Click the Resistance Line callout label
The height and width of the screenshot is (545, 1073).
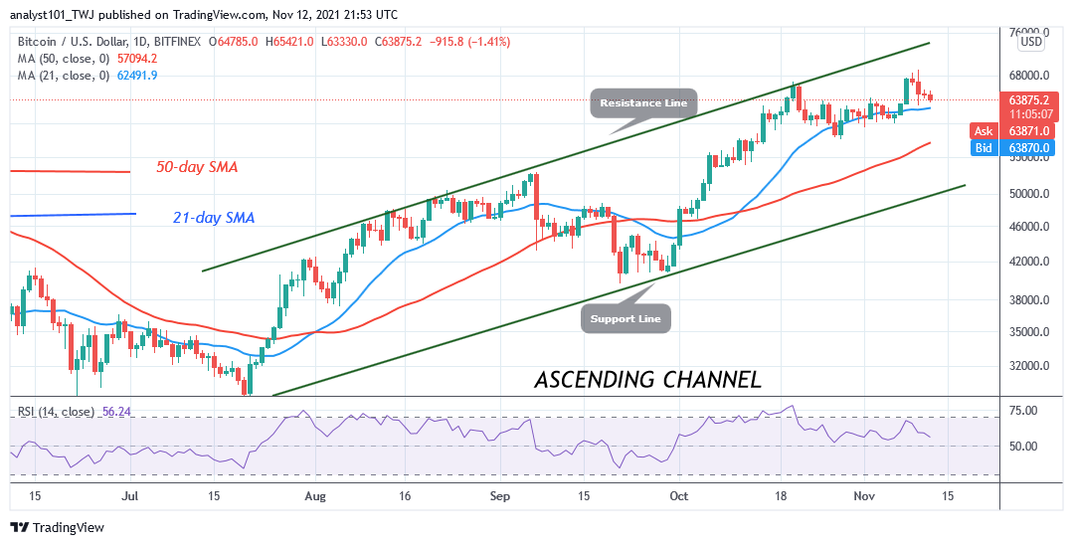tap(643, 102)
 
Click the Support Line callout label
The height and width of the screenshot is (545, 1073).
tap(626, 318)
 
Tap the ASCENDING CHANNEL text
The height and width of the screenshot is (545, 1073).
tap(647, 379)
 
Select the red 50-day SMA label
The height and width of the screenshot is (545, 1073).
tap(197, 167)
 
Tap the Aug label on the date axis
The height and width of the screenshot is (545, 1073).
tap(315, 494)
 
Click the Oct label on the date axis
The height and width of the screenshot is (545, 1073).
tap(679, 494)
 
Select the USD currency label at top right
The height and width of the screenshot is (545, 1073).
tap(1031, 42)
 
